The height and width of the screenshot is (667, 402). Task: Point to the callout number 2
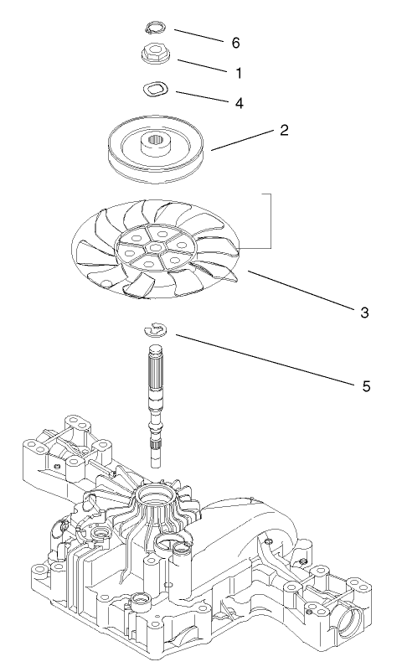tap(284, 131)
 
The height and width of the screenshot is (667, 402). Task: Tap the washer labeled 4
tap(156, 88)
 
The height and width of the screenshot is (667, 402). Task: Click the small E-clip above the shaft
tap(155, 329)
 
